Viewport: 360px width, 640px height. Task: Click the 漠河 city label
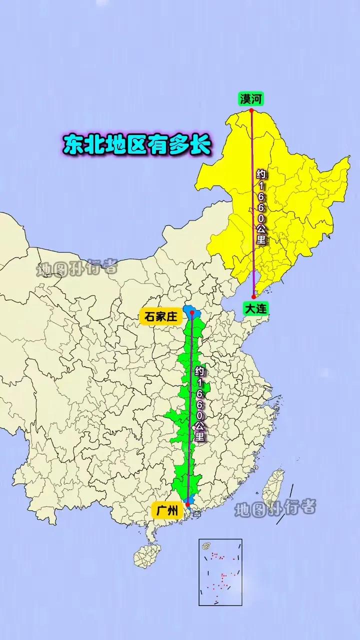(251, 99)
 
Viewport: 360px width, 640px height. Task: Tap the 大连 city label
(256, 309)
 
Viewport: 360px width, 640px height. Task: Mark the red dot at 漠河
(251, 110)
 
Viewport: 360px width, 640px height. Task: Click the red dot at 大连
(253, 297)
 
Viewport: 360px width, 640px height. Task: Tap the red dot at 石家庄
(192, 312)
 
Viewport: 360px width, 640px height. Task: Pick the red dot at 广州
(187, 504)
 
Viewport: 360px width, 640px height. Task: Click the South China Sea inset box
(220, 572)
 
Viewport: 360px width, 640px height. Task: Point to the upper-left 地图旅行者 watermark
(76, 268)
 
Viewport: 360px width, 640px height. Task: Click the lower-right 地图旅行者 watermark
(275, 508)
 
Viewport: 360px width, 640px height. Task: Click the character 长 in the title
(200, 144)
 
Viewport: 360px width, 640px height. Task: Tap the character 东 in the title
(74, 144)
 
